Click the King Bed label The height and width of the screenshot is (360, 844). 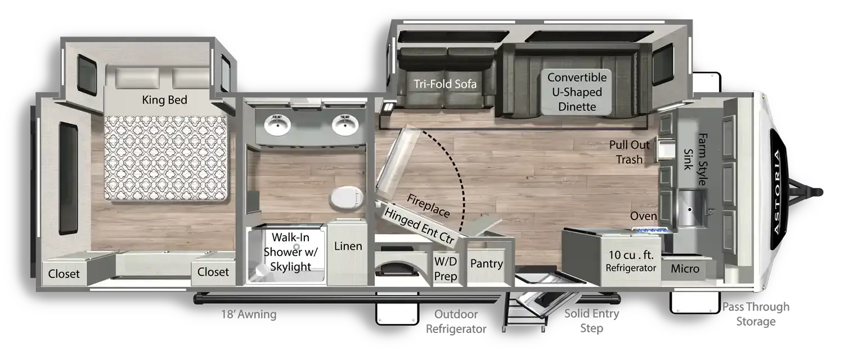coord(164,100)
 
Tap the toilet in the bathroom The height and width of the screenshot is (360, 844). coord(347,197)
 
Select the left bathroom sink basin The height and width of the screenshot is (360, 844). coord(277,125)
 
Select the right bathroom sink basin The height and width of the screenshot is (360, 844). coord(345,125)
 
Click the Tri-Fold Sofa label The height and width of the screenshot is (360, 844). coord(445,84)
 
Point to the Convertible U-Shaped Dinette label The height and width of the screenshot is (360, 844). coord(577,92)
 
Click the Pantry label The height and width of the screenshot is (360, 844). coord(487,264)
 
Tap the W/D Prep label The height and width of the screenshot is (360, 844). coord(446,269)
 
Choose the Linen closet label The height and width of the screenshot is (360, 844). coord(348,246)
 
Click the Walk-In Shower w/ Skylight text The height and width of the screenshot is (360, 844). coord(290,252)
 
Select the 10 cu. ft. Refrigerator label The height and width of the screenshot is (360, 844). coord(631,261)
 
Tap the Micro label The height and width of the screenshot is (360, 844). coord(685,268)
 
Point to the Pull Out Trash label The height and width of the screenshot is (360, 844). coord(629,152)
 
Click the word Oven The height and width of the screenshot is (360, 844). coord(643,216)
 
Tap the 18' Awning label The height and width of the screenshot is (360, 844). coord(249,314)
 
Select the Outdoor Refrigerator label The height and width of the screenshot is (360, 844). coord(456,322)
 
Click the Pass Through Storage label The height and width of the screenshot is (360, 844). coord(756,314)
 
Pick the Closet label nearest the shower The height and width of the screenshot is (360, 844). coord(213,272)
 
